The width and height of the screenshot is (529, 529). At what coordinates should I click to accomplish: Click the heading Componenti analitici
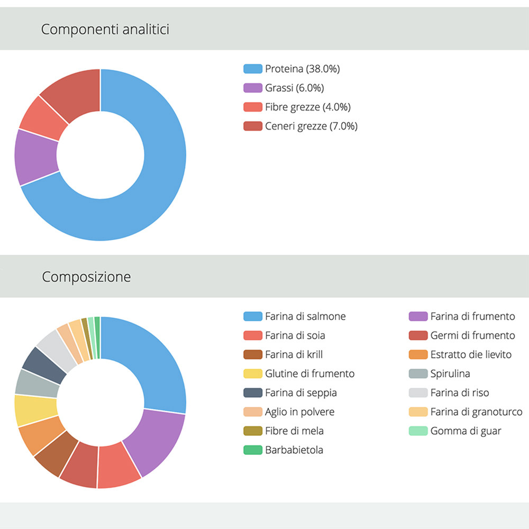[x=105, y=29]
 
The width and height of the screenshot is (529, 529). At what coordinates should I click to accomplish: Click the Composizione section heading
[x=86, y=277]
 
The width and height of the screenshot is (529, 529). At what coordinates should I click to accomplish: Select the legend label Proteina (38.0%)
[x=302, y=69]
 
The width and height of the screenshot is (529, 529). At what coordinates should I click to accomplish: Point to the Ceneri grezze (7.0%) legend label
[x=311, y=126]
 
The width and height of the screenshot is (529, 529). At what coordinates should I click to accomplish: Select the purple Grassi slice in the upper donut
[x=36, y=158]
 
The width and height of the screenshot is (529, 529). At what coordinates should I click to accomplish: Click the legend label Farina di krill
[x=294, y=354]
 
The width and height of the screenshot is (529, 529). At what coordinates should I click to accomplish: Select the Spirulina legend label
[x=450, y=373]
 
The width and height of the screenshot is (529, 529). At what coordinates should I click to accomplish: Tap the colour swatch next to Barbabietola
[x=252, y=450]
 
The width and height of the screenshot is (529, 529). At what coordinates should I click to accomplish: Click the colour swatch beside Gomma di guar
[x=418, y=431]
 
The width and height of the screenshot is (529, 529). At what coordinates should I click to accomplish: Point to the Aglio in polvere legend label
[x=299, y=412]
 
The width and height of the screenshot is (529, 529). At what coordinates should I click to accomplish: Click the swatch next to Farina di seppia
[x=252, y=393]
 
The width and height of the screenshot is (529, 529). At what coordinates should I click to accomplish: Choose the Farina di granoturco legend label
[x=476, y=412]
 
